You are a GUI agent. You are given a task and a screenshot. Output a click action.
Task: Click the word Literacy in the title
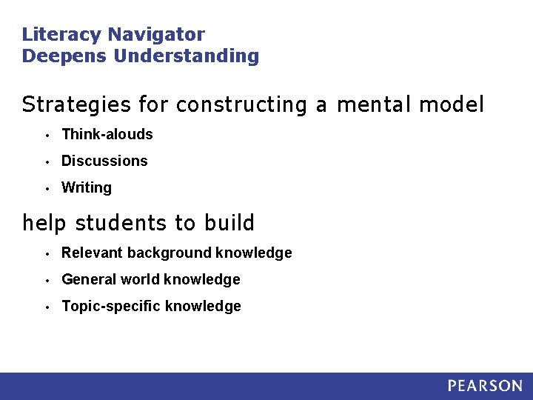click(62, 35)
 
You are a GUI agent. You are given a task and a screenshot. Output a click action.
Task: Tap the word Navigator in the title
click(156, 35)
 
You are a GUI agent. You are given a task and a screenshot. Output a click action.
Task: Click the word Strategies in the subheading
click(76, 105)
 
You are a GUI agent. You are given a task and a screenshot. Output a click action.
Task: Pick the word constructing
click(241, 105)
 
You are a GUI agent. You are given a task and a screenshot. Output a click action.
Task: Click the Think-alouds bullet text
click(107, 134)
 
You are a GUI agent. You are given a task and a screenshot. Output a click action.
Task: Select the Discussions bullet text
click(104, 161)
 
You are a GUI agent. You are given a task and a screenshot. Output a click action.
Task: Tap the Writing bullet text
click(87, 187)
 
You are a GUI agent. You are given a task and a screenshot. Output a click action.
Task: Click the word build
click(229, 223)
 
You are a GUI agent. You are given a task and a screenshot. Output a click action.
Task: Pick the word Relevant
click(92, 253)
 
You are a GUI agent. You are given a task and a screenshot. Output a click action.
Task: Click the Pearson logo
click(485, 386)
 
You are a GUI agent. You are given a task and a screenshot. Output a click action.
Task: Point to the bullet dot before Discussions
click(46, 161)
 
